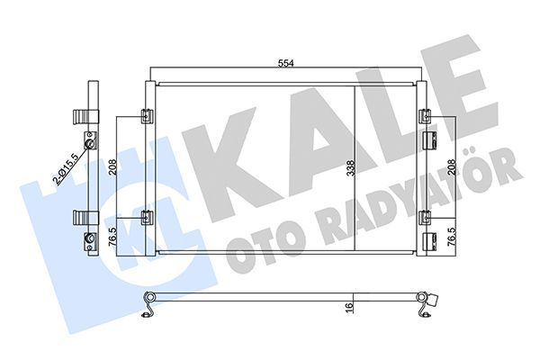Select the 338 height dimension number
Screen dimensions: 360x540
352,166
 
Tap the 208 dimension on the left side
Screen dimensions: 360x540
110,166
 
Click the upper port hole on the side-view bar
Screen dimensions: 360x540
89,144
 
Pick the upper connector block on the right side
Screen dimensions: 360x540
430,139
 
